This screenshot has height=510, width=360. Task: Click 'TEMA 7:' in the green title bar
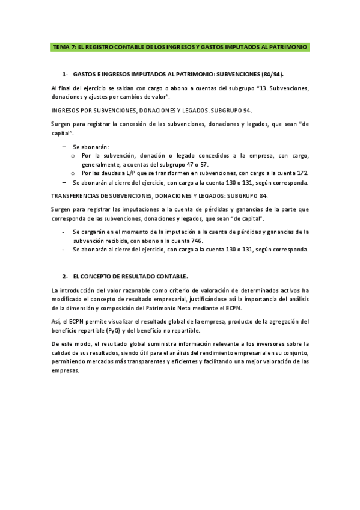click(x=64, y=46)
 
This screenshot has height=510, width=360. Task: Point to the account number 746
click(x=196, y=241)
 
